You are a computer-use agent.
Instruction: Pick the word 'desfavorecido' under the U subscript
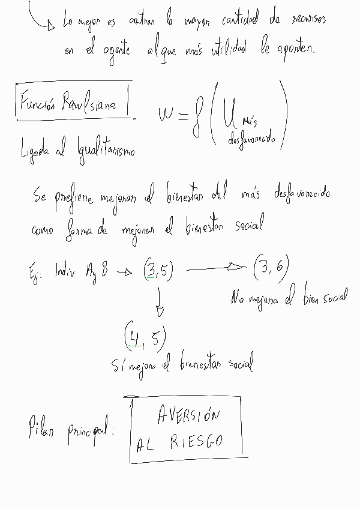[x=252, y=140]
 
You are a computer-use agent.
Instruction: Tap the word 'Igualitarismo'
[x=105, y=148]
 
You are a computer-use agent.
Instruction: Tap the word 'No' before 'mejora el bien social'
[x=237, y=298]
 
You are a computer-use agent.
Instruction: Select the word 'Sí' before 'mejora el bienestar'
[x=119, y=365]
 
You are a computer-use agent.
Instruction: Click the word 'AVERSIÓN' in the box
[x=188, y=415]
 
